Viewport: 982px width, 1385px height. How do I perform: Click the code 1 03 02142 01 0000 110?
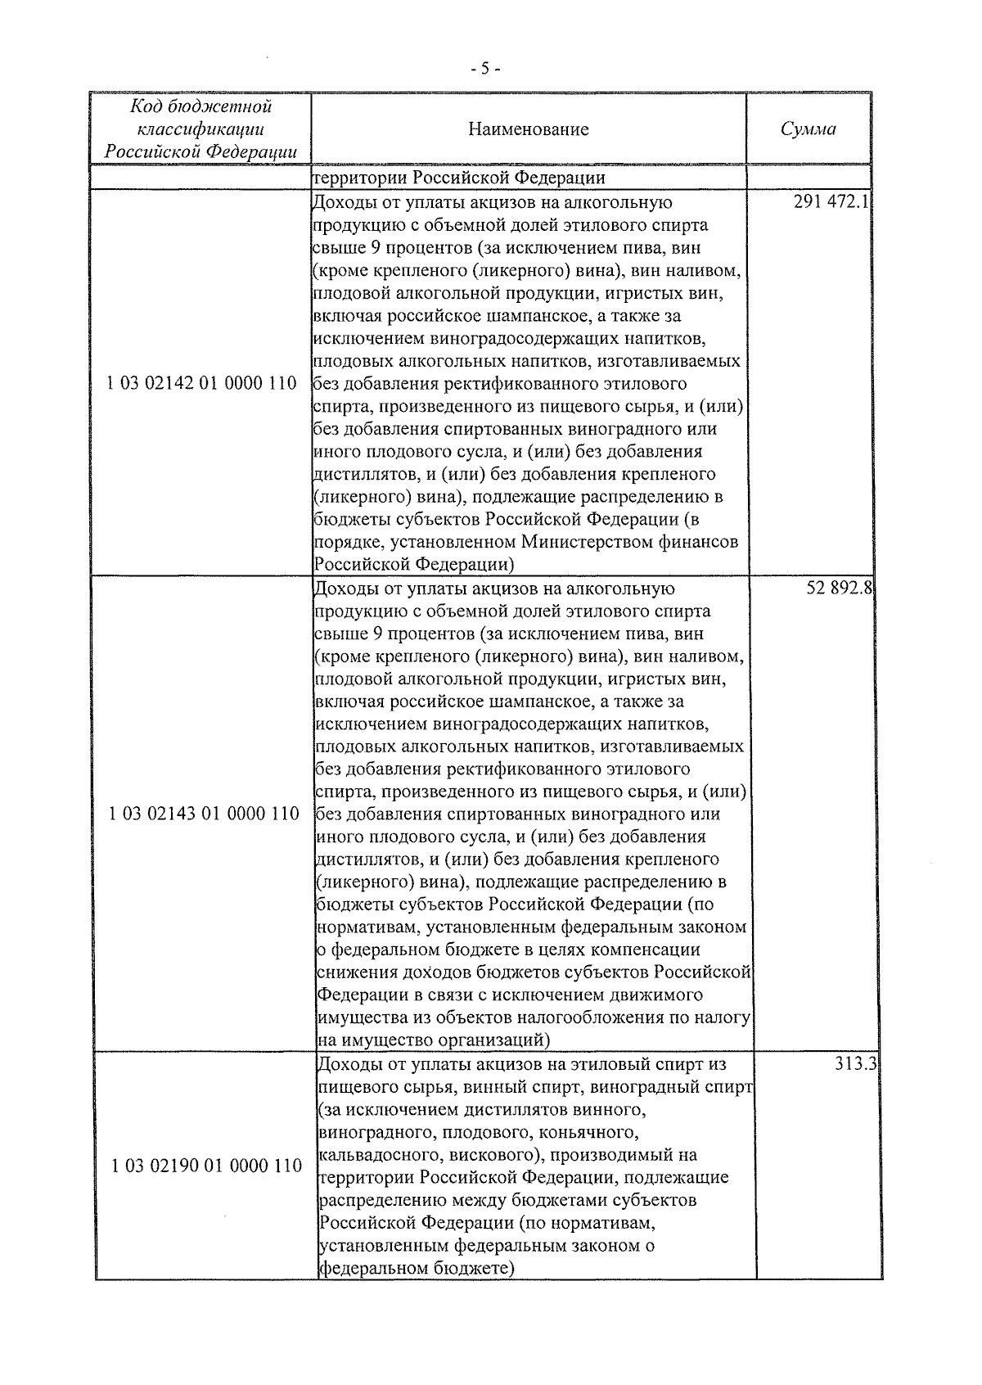[x=201, y=383]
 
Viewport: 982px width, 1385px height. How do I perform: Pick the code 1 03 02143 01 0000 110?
[x=204, y=814]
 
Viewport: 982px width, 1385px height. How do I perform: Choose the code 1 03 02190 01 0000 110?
[x=206, y=1165]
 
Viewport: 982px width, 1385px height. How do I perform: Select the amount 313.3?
[x=856, y=1065]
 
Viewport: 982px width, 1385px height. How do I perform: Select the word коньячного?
[x=593, y=1132]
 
